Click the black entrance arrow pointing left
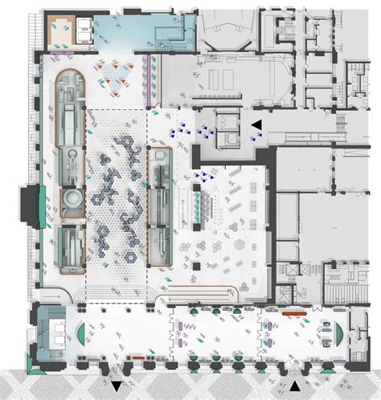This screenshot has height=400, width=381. click(256, 124)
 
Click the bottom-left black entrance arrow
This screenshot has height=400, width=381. click(118, 387)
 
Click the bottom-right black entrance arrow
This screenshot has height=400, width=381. click(297, 387)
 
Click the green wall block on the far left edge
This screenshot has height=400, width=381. click(32, 206)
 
